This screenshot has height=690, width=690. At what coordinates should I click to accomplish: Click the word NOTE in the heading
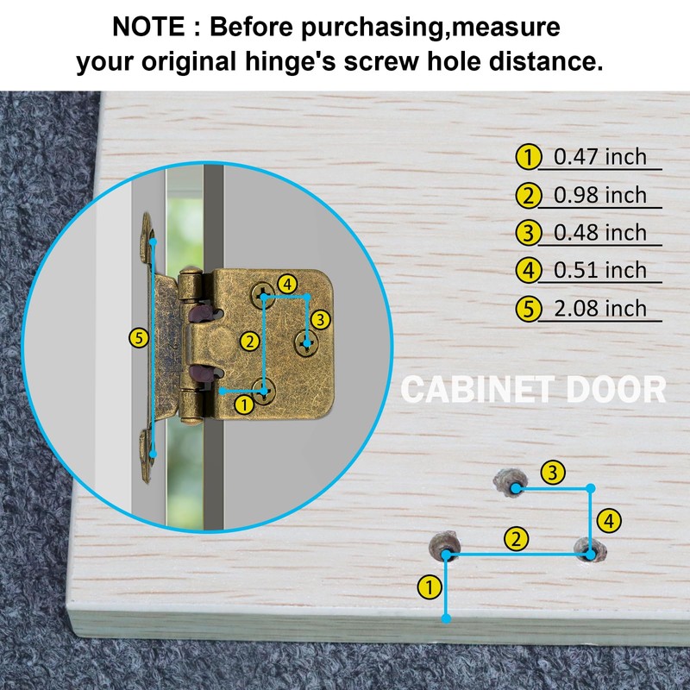click(x=148, y=27)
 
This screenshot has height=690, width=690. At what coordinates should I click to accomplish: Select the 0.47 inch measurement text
click(x=599, y=157)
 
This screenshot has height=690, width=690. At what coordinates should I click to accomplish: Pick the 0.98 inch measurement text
click(x=599, y=195)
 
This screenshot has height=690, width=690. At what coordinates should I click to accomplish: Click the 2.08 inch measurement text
click(x=599, y=308)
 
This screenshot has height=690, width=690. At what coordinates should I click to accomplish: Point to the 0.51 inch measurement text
click(x=599, y=270)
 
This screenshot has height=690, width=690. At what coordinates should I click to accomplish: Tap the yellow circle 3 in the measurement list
click(x=528, y=233)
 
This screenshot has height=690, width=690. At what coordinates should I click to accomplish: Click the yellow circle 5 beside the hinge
click(x=139, y=338)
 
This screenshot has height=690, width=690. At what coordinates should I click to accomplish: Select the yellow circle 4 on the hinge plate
click(x=287, y=285)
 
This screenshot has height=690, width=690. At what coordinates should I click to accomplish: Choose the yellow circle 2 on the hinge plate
click(x=250, y=342)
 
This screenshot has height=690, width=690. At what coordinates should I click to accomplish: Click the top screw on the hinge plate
click(x=263, y=294)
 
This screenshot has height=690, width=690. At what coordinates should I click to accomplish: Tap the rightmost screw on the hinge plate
click(x=307, y=343)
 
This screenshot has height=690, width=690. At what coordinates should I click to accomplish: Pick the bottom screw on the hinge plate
click(x=264, y=392)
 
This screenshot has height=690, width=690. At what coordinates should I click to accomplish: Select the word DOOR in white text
click(x=616, y=390)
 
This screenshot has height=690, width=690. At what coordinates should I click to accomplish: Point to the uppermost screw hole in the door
click(x=511, y=483)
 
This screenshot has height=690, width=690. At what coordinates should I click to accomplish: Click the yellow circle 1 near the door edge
click(x=429, y=586)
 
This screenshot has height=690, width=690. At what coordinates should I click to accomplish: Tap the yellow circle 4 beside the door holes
click(x=609, y=521)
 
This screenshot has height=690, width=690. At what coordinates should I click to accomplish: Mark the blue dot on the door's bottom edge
click(x=446, y=618)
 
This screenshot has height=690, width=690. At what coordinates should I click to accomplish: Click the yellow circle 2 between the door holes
click(x=516, y=539)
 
